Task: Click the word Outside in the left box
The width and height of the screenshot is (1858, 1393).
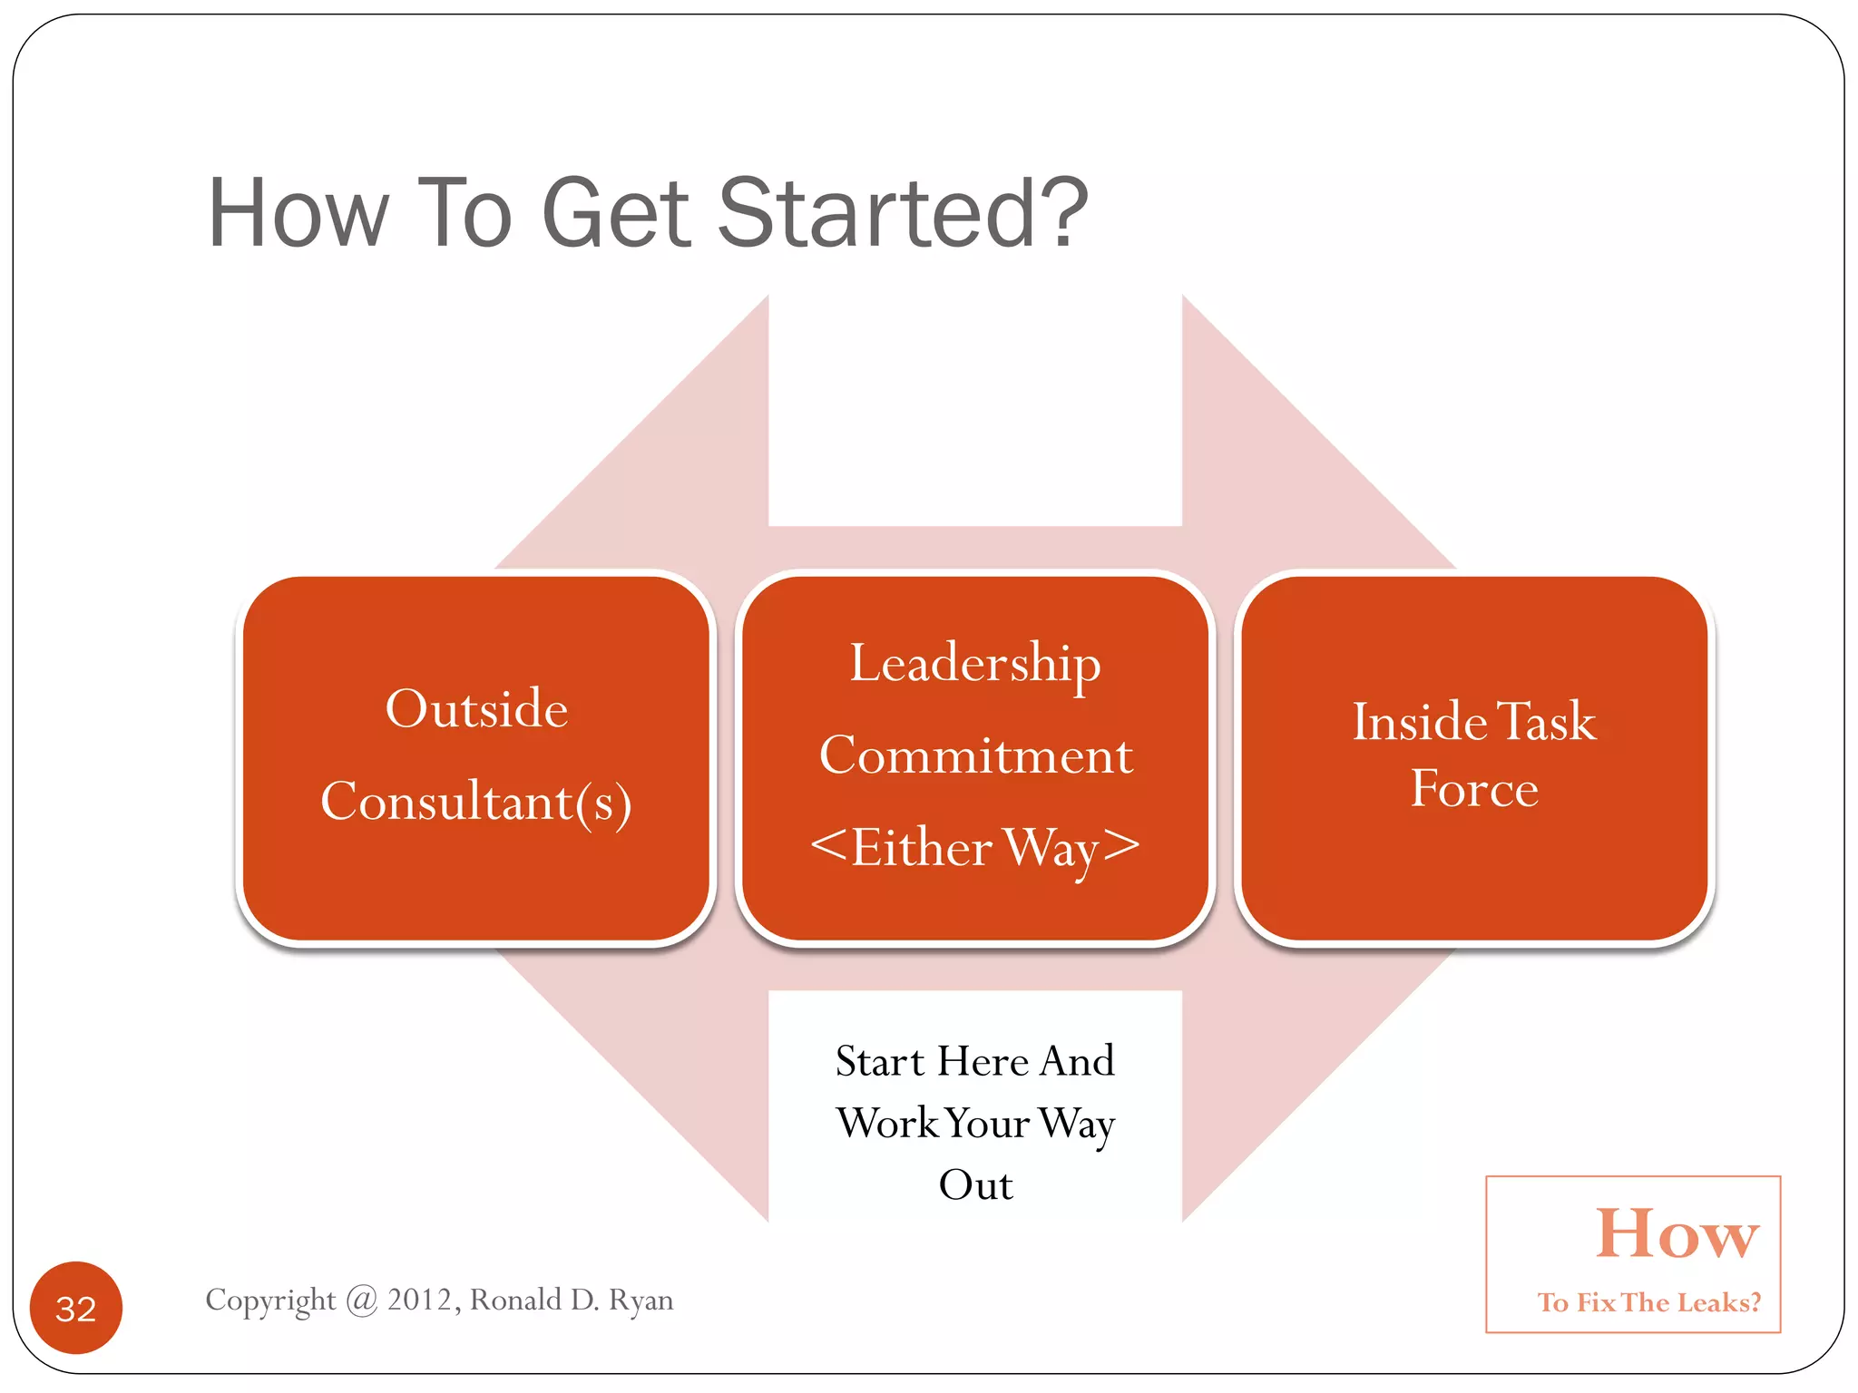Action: tap(476, 708)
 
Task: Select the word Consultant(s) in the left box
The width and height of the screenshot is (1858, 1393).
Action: tap(476, 802)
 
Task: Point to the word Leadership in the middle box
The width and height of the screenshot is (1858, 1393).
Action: tap(975, 664)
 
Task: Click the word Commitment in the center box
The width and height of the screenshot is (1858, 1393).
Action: tap(975, 755)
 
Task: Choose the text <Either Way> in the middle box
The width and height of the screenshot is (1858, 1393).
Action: tap(975, 848)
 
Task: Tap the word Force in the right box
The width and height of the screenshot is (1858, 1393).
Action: tap(1474, 788)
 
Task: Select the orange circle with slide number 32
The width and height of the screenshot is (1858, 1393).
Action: tap(76, 1308)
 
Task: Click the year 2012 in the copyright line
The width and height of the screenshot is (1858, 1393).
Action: tap(420, 1300)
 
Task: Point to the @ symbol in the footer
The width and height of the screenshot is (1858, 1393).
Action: tap(361, 1300)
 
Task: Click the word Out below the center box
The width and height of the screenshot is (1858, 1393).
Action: tap(975, 1185)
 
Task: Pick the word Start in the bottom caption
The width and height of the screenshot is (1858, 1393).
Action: tap(879, 1061)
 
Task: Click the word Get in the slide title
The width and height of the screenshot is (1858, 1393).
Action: tap(616, 213)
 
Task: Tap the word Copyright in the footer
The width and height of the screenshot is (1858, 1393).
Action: tap(270, 1300)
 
